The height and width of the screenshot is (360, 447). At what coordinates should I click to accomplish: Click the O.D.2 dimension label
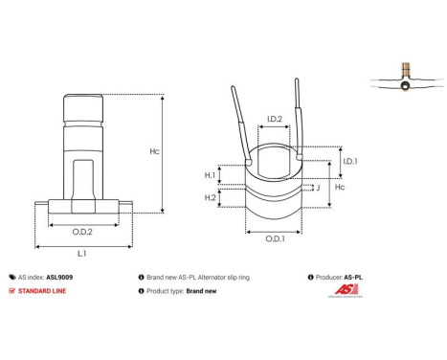(81, 231)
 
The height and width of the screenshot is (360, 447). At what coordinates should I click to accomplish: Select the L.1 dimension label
(81, 255)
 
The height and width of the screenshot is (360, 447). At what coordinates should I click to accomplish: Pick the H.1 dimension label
(210, 175)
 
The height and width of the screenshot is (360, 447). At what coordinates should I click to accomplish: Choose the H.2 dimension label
(210, 197)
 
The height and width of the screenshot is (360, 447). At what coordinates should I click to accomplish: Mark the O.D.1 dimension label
(273, 237)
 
